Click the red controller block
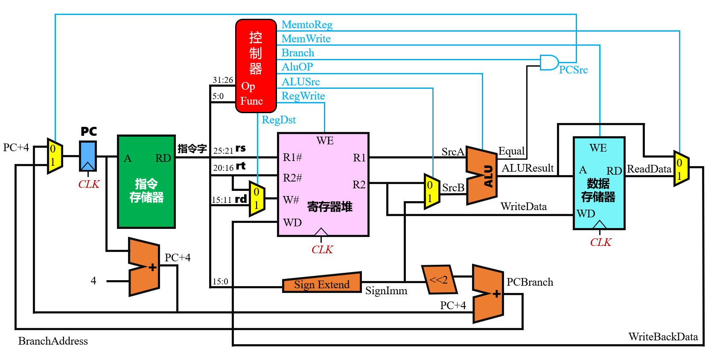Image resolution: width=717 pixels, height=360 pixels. pyautogui.click(x=256, y=66)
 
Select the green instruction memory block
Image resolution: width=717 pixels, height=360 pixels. pyautogui.click(x=147, y=181)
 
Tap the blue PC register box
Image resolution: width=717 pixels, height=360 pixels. pyautogui.click(x=88, y=156)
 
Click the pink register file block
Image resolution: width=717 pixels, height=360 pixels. pyautogui.click(x=324, y=184)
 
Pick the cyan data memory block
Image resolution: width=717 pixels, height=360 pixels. pyautogui.click(x=599, y=183)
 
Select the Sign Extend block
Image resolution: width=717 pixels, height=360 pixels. pyautogui.click(x=322, y=283)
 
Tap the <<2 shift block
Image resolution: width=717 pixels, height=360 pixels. pyautogui.click(x=439, y=279)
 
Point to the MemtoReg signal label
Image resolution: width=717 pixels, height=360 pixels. pyautogui.click(x=307, y=25)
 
